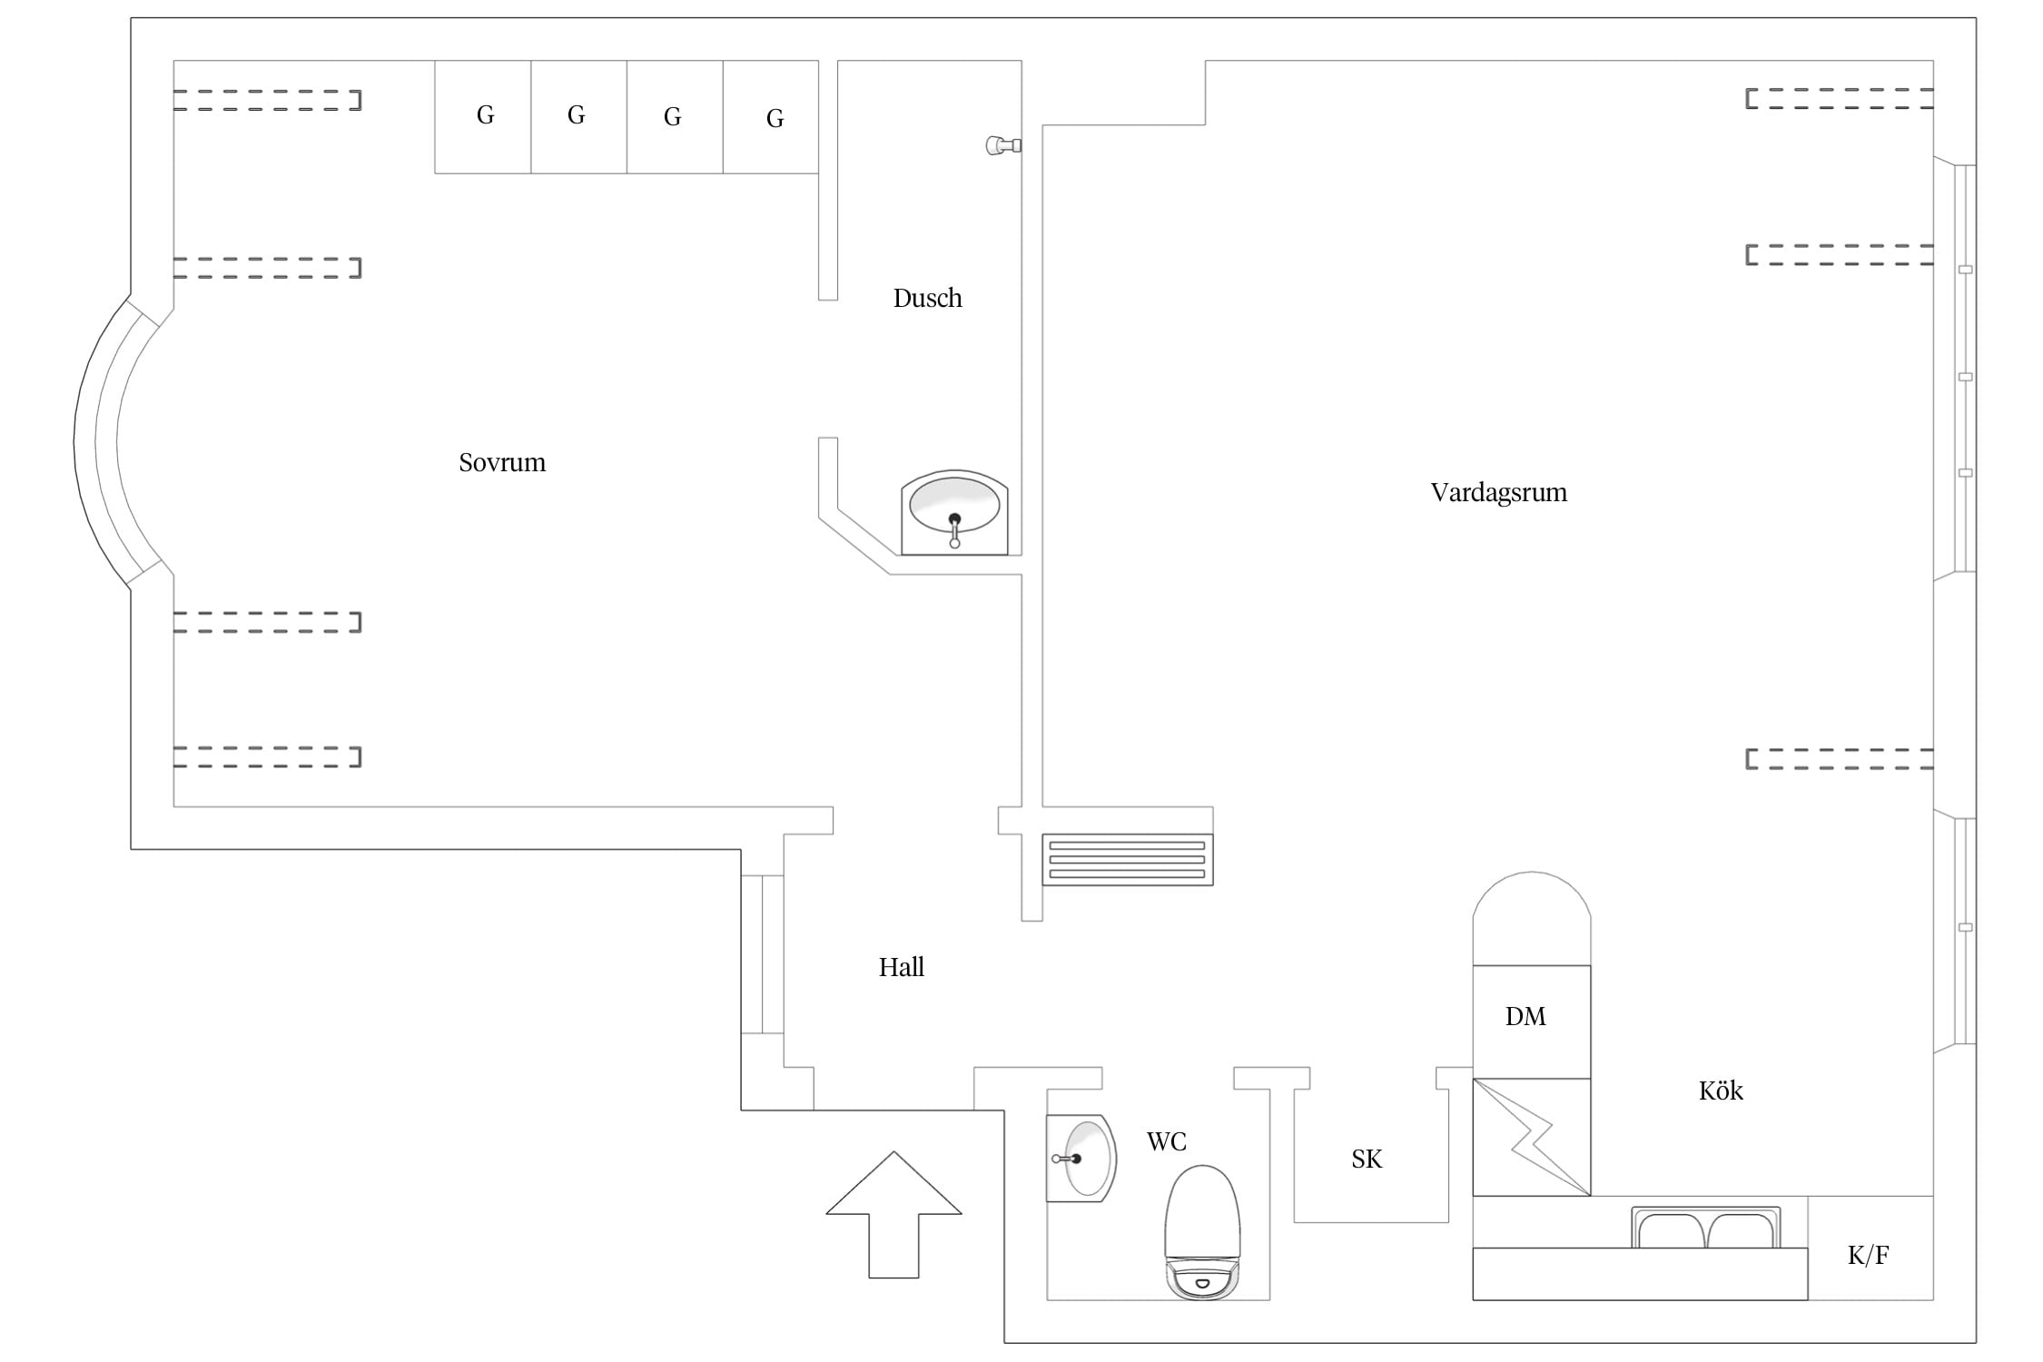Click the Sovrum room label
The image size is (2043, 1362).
[502, 463]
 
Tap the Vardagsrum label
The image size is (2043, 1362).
[1499, 493]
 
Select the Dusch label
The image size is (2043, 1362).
[927, 298]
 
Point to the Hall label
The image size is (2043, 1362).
[902, 967]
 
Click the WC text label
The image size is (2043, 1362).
[1167, 1141]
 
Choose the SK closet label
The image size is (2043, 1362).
[1367, 1159]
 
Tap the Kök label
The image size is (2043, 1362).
[1721, 1090]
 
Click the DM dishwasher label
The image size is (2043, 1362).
[1525, 1016]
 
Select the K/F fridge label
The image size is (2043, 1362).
[1869, 1255]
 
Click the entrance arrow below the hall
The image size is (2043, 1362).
[894, 1215]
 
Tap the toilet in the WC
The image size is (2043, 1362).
[1202, 1232]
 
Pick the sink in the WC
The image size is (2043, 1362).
[1081, 1159]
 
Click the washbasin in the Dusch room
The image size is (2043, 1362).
[954, 512]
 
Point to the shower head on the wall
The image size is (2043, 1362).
[1003, 145]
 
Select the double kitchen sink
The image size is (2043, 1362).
[1706, 1228]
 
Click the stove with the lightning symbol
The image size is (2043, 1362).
[1532, 1137]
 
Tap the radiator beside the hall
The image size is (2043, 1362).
[1128, 859]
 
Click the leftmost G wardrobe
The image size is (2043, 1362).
[483, 116]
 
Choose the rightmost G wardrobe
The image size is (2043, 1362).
[771, 116]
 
